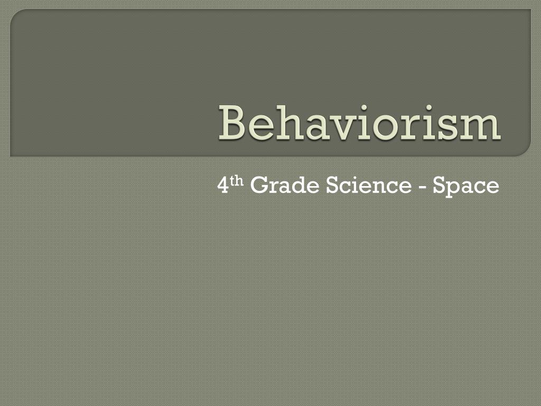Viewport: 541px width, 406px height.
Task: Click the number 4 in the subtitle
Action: tap(222, 186)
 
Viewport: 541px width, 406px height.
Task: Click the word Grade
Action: tap(284, 186)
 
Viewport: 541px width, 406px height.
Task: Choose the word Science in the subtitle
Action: tap(368, 186)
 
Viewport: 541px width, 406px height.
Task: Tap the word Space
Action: tap(465, 187)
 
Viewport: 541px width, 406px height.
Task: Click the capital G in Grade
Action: tap(257, 186)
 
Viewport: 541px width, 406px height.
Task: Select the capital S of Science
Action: tap(331, 186)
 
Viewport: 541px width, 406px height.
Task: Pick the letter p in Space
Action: tap(451, 189)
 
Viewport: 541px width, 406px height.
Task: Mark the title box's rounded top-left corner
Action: tap(16, 15)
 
